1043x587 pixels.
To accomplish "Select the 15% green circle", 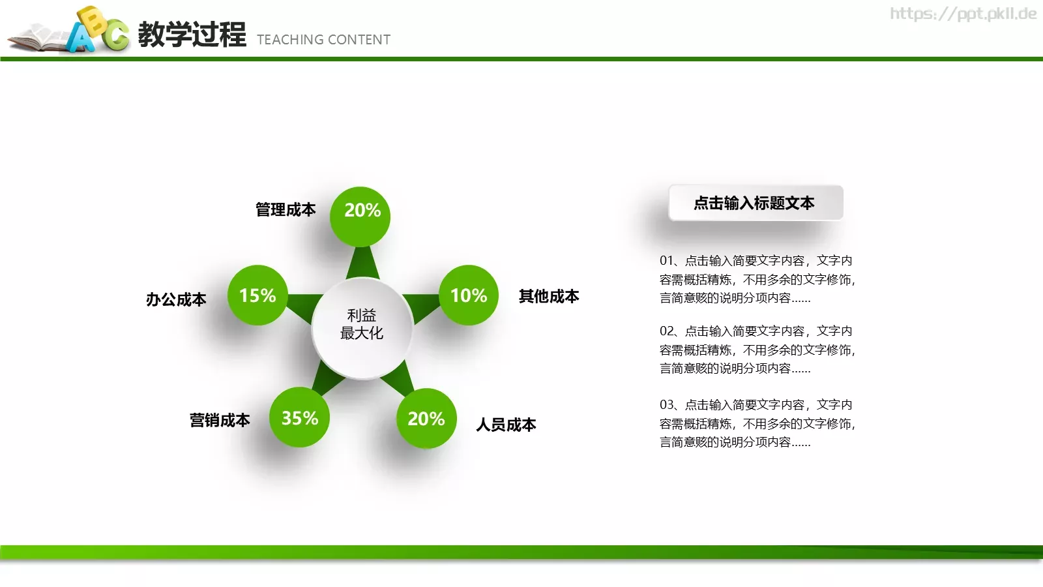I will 257,295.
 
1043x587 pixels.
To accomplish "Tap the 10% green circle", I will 468,295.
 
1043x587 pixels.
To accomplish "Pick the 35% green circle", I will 299,417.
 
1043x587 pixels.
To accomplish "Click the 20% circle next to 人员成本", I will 426,418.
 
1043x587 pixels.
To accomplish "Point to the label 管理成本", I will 286,209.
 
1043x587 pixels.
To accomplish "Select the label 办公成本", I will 176,299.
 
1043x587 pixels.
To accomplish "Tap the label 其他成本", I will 548,296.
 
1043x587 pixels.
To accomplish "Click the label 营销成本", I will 220,420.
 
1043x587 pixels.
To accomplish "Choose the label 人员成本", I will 506,425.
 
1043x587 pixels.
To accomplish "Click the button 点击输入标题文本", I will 755,203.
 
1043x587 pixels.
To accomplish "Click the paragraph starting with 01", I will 756,279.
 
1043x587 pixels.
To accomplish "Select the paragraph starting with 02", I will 756,350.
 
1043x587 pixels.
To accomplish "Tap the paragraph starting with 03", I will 756,423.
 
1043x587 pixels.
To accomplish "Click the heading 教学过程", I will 192,35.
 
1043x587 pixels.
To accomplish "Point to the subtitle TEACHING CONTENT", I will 323,40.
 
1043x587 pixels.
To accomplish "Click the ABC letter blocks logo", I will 98,30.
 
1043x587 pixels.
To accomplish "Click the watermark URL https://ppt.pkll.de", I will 963,14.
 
